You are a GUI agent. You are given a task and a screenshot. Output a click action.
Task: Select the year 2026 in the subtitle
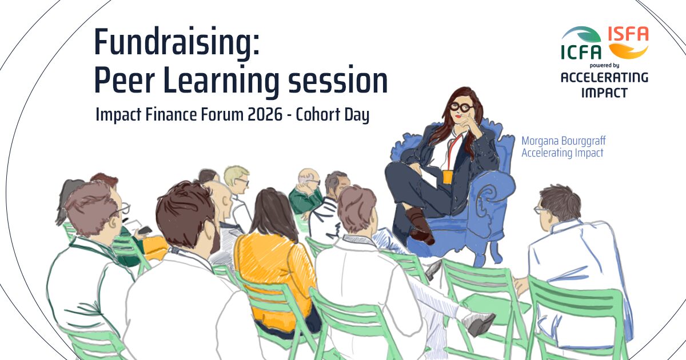coord(265,114)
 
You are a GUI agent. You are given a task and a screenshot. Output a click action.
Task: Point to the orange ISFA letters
coord(628,34)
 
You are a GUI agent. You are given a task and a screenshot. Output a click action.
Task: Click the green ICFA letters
coord(581,52)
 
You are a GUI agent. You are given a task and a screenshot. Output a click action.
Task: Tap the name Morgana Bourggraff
coord(564,141)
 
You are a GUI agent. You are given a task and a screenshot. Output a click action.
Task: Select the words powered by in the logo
coord(604,65)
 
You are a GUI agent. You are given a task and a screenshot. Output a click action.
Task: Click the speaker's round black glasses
coord(462,107)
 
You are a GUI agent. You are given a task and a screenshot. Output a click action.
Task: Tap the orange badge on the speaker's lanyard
coord(448,177)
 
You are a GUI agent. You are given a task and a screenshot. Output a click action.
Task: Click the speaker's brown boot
coord(419,226)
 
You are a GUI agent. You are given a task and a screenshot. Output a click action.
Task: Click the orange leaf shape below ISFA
coord(628,51)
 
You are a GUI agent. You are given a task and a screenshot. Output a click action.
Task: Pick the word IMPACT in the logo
coord(604,93)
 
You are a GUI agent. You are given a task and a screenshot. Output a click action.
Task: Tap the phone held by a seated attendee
coord(145,231)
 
